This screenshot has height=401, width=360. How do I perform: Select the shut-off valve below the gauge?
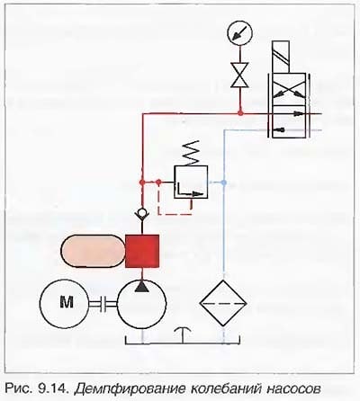coord(239,75)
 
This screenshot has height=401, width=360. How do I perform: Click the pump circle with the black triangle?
coord(141,304)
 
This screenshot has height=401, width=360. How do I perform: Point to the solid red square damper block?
coord(142,251)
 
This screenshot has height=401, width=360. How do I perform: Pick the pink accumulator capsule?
coord(93,251)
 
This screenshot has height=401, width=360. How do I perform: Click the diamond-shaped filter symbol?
coord(223,303)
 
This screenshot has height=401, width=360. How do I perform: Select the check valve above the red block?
coord(142,215)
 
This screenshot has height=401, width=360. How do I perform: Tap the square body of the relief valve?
coord(191,182)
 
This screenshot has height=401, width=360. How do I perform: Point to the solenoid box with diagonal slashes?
coord(281,57)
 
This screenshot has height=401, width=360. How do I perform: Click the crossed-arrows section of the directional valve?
coord(289,89)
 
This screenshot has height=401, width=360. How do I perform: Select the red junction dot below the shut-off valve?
coord(240,113)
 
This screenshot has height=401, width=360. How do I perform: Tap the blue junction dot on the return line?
coord(223,182)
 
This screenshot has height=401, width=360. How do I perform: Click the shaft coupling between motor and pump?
coord(103,304)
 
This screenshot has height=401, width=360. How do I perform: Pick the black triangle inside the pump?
coord(142,286)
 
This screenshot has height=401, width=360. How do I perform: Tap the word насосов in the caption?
coord(292,389)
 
